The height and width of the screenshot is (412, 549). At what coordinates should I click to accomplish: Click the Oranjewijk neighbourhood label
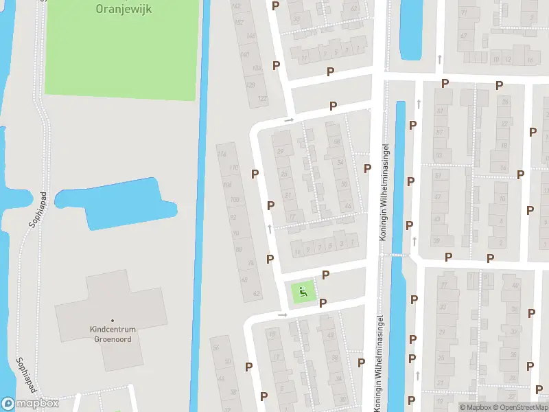pyautogui.click(x=124, y=10)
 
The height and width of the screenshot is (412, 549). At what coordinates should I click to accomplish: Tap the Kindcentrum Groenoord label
pyautogui.click(x=113, y=334)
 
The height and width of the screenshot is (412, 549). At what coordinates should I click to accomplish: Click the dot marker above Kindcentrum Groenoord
pyautogui.click(x=113, y=319)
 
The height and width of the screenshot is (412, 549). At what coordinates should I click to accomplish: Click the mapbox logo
pyautogui.click(x=30, y=404)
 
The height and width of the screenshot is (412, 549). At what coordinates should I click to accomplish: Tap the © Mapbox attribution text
pyautogui.click(x=476, y=407)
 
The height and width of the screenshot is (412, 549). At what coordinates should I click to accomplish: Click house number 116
pyautogui.click(x=222, y=154)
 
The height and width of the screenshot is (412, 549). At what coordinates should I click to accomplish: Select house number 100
pyautogui.click(x=235, y=200)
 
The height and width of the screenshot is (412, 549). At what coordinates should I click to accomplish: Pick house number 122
pyautogui.click(x=261, y=99)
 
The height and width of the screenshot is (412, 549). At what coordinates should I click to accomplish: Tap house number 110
pyautogui.click(x=234, y=168)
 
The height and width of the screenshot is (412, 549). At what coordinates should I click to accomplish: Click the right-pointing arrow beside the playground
pyautogui.click(x=281, y=314)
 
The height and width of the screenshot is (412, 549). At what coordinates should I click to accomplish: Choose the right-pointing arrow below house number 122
pyautogui.click(x=289, y=119)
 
